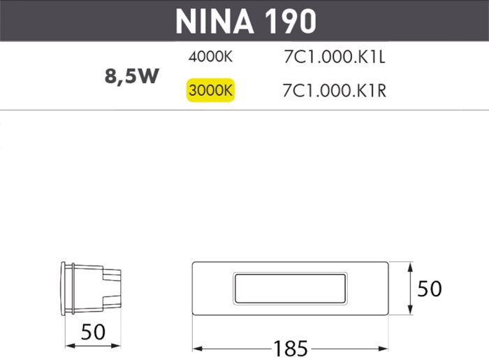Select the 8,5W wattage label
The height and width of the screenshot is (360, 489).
pyautogui.click(x=132, y=76)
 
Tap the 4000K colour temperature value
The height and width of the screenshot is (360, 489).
pyautogui.click(x=210, y=59)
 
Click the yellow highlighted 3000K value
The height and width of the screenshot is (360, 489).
pyautogui.click(x=210, y=91)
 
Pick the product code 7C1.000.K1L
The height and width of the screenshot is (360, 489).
pyautogui.click(x=335, y=59)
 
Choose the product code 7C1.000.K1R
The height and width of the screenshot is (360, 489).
pyautogui.click(x=336, y=91)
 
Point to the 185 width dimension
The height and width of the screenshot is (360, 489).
pyautogui.click(x=291, y=347)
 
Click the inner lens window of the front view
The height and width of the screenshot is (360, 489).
pyautogui.click(x=289, y=288)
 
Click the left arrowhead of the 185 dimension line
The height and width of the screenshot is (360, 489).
pyautogui.click(x=196, y=347)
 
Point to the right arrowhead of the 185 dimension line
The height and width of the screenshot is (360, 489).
pyautogui.click(x=385, y=347)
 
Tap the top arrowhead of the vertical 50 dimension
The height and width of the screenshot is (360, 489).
pyautogui.click(x=409, y=266)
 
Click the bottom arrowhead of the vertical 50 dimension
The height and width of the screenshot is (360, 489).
pyautogui.click(x=409, y=312)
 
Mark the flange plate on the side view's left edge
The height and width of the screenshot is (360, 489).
pyautogui.click(x=66, y=287)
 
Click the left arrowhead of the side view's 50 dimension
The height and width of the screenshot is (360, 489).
pyautogui.click(x=68, y=345)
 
